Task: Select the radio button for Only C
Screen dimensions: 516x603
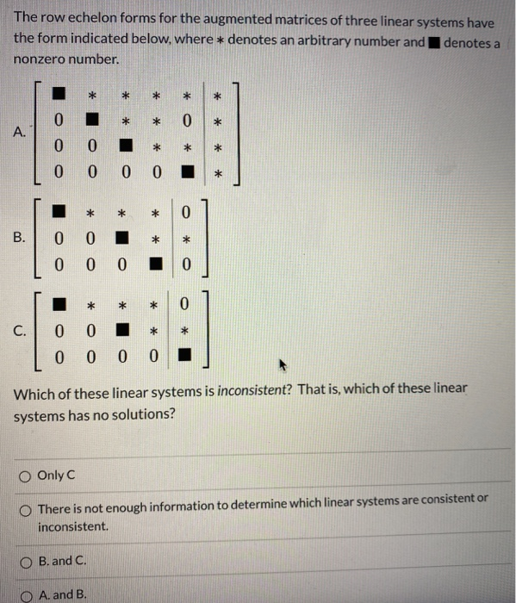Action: click(x=26, y=475)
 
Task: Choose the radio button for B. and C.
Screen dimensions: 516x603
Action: click(x=26, y=561)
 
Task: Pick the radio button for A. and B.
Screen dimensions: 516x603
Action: click(x=26, y=595)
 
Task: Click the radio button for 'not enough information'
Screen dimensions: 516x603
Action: click(x=26, y=500)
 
